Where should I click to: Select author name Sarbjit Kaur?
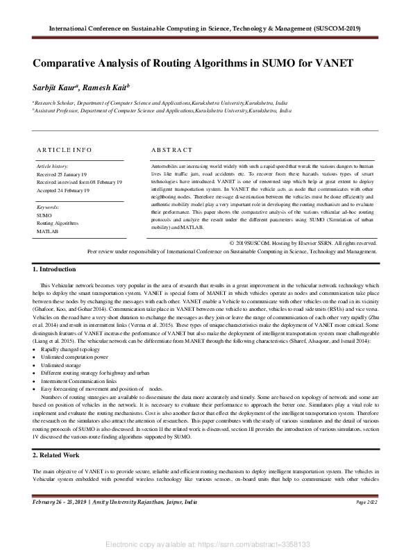56,87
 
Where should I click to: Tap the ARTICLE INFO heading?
64,149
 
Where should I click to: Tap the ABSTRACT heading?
171,149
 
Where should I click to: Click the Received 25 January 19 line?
62,175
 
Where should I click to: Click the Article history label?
52,167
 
